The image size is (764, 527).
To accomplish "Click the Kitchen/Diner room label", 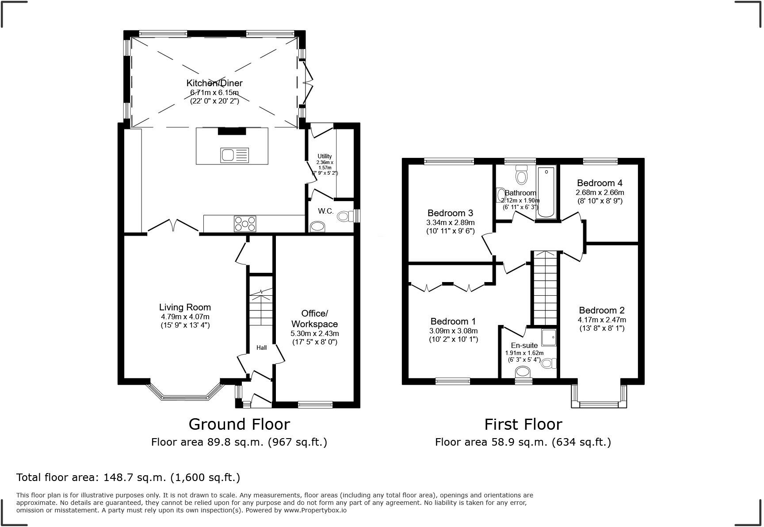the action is (214, 83).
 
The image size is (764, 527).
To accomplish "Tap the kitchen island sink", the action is (234, 155).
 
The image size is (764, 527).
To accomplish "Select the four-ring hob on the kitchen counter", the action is (245, 223).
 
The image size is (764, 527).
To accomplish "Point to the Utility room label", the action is (325, 156).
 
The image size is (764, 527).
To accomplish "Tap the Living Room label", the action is (185, 307).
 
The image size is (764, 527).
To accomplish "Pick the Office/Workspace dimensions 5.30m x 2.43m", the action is (315, 333).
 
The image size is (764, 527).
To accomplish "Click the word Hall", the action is (262, 348).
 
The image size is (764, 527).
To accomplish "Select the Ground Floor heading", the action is (239, 424).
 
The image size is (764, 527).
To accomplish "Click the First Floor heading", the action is (523, 424).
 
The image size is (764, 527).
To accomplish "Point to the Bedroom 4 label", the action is (600, 183).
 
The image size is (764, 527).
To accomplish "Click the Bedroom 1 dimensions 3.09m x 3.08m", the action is (453, 331).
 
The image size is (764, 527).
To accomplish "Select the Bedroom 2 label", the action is (602, 310).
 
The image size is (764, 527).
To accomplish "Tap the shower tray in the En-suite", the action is (549, 337).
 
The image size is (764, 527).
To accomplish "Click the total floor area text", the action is (128, 477).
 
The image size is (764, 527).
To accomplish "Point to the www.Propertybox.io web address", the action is (315, 510).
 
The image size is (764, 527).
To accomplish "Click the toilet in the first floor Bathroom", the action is (522, 175).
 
